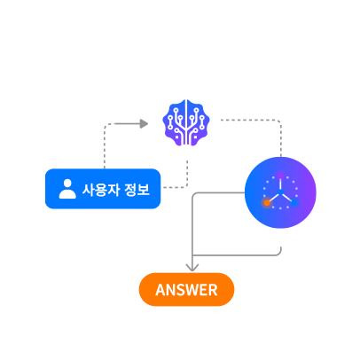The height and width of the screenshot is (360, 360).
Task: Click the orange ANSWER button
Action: [x=186, y=289]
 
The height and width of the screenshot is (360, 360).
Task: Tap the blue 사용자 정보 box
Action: [x=103, y=189]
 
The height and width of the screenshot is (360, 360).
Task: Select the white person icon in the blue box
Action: [x=67, y=189]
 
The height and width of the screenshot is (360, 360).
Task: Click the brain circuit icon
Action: [x=186, y=122]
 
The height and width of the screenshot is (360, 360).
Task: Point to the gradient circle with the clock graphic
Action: [x=280, y=192]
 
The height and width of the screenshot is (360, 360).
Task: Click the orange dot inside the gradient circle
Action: [x=267, y=203]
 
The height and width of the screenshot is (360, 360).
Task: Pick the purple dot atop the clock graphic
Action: [x=280, y=176]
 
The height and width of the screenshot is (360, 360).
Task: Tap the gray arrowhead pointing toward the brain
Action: [x=144, y=124]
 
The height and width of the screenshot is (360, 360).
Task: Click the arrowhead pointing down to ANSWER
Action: [x=192, y=268]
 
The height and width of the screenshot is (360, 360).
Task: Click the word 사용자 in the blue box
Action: [x=101, y=190]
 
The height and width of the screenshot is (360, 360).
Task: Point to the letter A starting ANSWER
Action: [x=160, y=290]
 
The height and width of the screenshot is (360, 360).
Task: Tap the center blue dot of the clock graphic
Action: [x=280, y=192]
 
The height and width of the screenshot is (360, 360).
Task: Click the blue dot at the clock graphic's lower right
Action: [x=294, y=203]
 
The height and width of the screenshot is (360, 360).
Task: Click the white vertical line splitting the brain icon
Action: [x=186, y=122]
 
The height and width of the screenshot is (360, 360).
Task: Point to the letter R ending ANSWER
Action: [x=213, y=290]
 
